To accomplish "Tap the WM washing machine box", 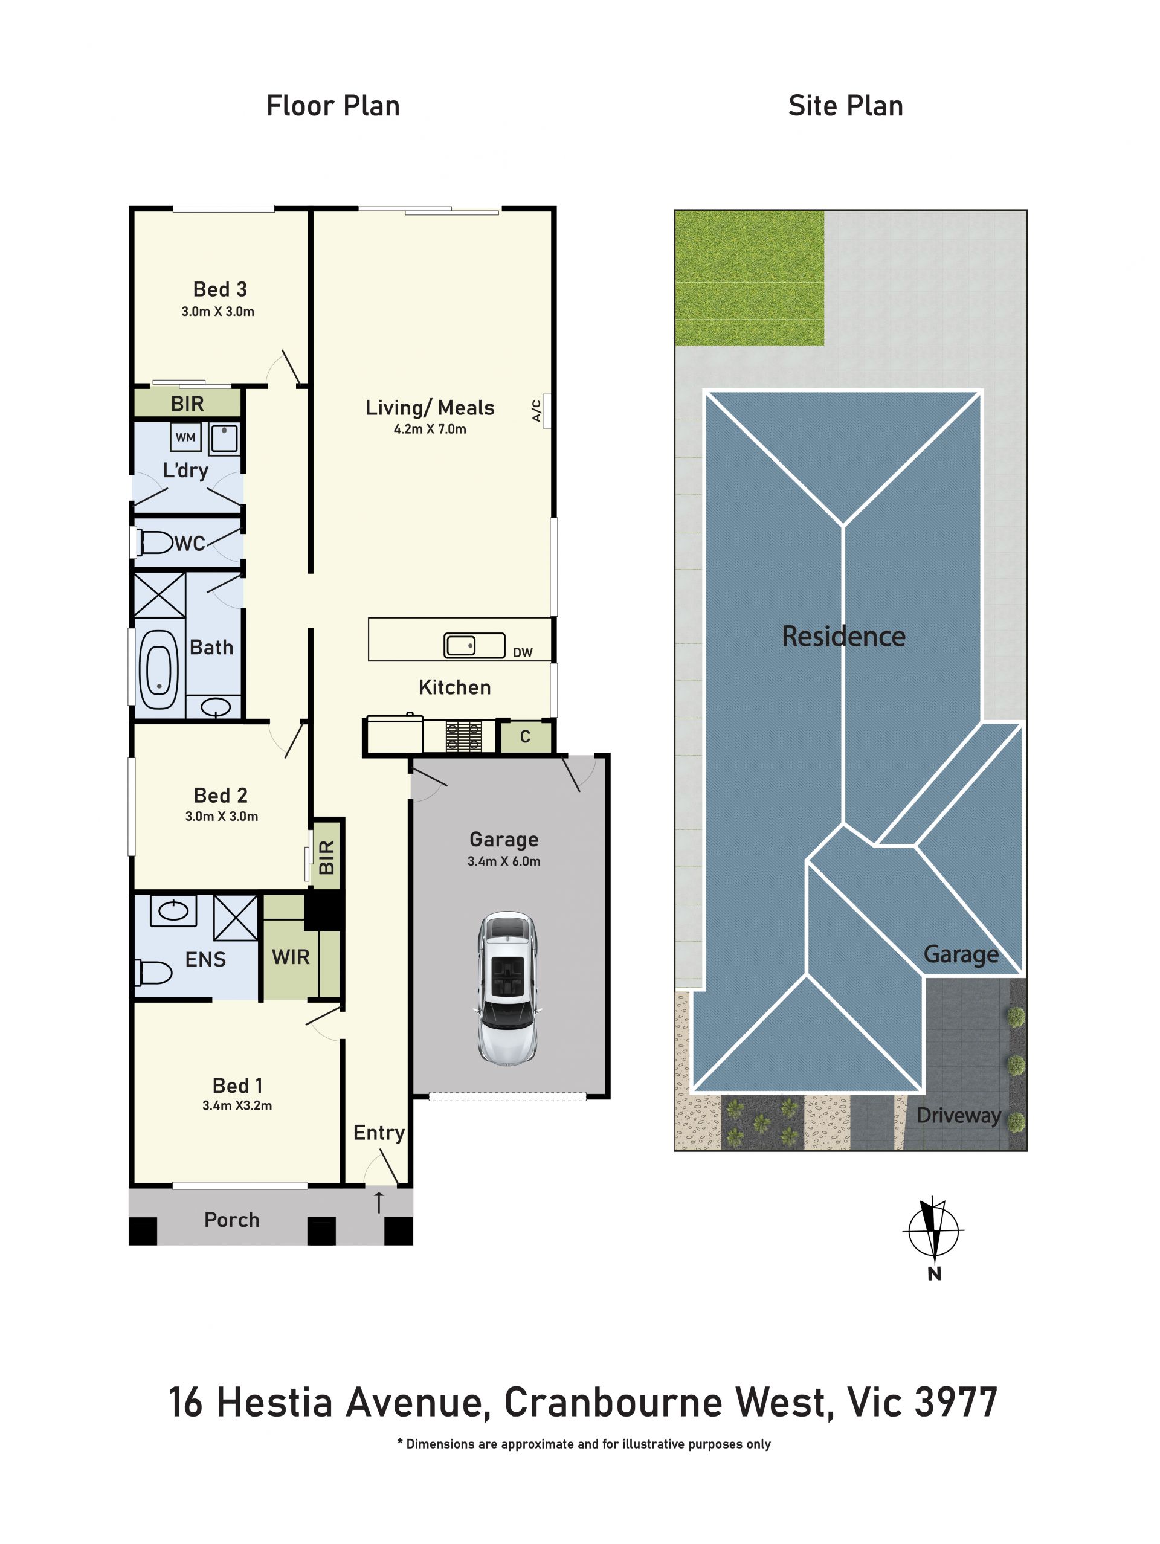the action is tap(185, 437).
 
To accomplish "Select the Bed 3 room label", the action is tap(220, 289).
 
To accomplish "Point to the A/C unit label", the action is tap(536, 410).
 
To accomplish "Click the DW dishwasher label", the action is tap(523, 652).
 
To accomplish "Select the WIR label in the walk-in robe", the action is tap(291, 957).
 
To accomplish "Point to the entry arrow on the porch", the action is tap(379, 1202).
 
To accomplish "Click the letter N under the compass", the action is tap(935, 1274).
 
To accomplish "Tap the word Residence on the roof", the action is tap(843, 636).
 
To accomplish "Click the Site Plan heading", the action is tap(845, 106).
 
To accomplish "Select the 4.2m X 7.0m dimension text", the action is tap(430, 429).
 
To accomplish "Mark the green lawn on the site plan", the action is tap(749, 278).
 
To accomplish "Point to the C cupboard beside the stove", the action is tap(526, 736).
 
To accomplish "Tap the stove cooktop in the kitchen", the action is tap(463, 736).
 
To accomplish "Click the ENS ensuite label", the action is tap(205, 959).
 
